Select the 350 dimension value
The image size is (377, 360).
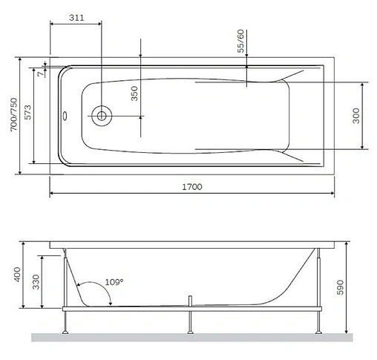(x=134, y=94)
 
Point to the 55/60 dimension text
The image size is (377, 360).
(x=240, y=42)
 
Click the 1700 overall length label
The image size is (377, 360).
(x=191, y=187)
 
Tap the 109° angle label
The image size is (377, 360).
(x=113, y=282)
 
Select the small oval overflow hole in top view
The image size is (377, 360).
(x=66, y=115)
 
